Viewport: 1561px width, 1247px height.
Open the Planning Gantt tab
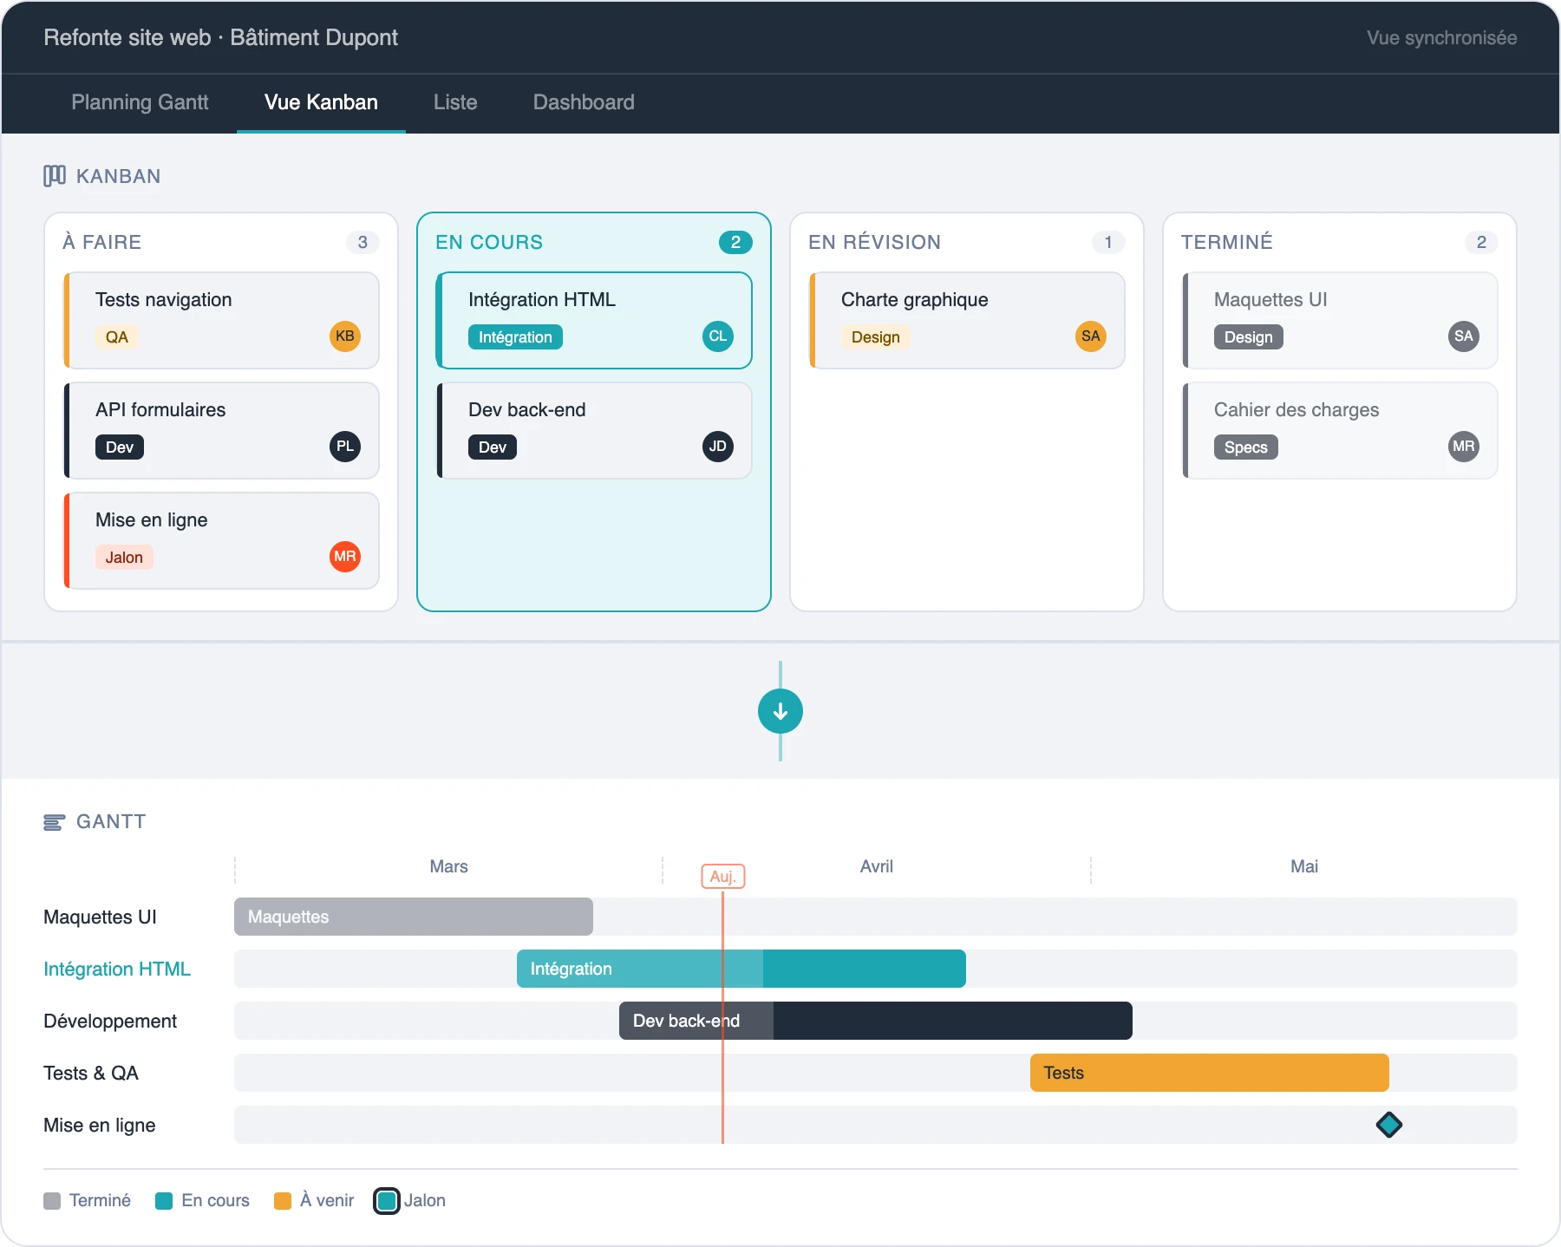pyautogui.click(x=140, y=102)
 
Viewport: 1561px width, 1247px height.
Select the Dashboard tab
pyautogui.click(x=584, y=102)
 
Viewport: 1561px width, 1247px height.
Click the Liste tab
pyautogui.click(x=455, y=102)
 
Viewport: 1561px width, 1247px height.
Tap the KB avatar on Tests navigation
pyautogui.click(x=345, y=336)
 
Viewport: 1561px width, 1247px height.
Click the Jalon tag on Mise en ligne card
pyautogui.click(x=124, y=558)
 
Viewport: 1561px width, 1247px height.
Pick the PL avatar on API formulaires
pyautogui.click(x=345, y=447)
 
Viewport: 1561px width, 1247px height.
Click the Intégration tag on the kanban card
pyautogui.click(x=515, y=337)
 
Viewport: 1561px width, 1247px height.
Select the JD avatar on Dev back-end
pyautogui.click(x=718, y=447)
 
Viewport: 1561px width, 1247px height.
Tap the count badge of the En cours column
pyautogui.click(x=735, y=243)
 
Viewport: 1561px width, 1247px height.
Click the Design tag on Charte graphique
pyautogui.click(x=875, y=337)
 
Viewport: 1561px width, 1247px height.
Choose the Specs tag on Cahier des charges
pyautogui.click(x=1245, y=447)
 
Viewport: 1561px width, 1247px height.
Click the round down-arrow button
pyautogui.click(x=780, y=711)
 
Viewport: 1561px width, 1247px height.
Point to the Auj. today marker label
pyautogui.click(x=723, y=877)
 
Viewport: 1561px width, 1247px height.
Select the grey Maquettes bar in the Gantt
pyautogui.click(x=413, y=917)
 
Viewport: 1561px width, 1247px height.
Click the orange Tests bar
pyautogui.click(x=1209, y=1073)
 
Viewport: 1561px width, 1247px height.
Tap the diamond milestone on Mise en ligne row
pyautogui.click(x=1389, y=1125)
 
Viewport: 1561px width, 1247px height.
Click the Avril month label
pyautogui.click(x=876, y=866)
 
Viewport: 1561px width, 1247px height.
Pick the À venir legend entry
pyautogui.click(x=316, y=1200)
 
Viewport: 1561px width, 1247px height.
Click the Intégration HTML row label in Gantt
pyautogui.click(x=117, y=969)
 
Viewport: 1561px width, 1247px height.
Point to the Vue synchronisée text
pyautogui.click(x=1441, y=38)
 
